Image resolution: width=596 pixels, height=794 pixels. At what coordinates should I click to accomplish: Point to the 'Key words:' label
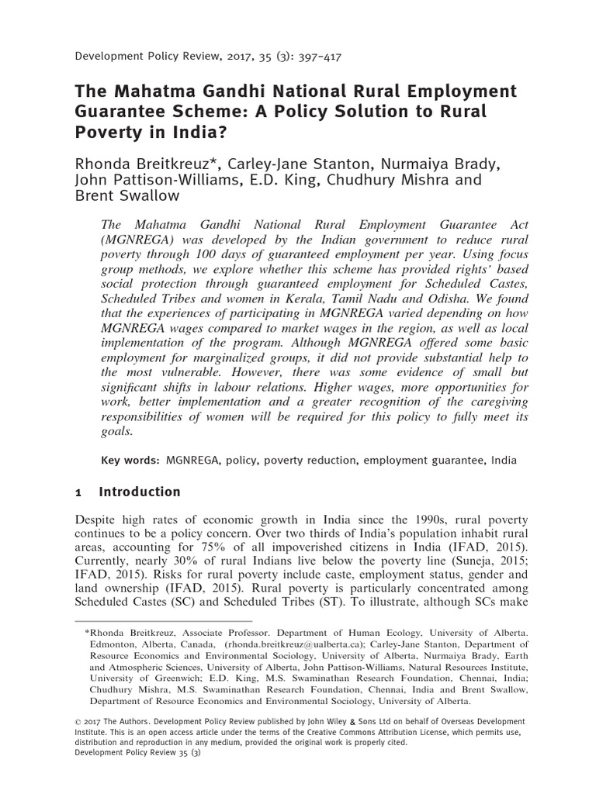pos(130,461)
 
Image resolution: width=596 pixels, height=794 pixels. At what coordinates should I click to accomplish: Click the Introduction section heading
pos(140,492)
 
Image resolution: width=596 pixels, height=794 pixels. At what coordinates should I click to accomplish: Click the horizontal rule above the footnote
pos(163,621)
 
